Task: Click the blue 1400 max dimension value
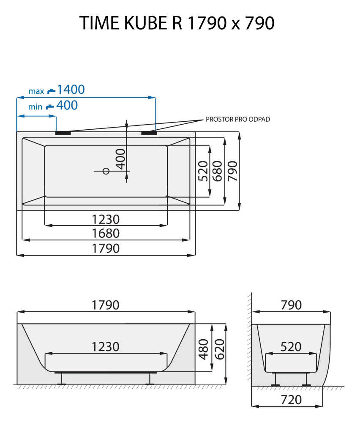coord(71,90)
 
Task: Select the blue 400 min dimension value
coord(67,105)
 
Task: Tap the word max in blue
coord(36,91)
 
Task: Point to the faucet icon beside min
coord(50,106)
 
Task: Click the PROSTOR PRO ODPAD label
coord(237,120)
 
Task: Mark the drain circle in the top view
coord(106,171)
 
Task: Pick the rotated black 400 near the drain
coord(120,159)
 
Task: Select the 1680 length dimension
coord(106,233)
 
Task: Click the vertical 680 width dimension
coord(217,171)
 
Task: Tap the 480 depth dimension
coord(203,349)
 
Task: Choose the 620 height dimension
coord(219,349)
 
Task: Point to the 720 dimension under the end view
coord(291,399)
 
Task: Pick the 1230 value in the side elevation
coord(106,346)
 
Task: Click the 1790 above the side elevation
coord(106,305)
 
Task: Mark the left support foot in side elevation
coord(63,379)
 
